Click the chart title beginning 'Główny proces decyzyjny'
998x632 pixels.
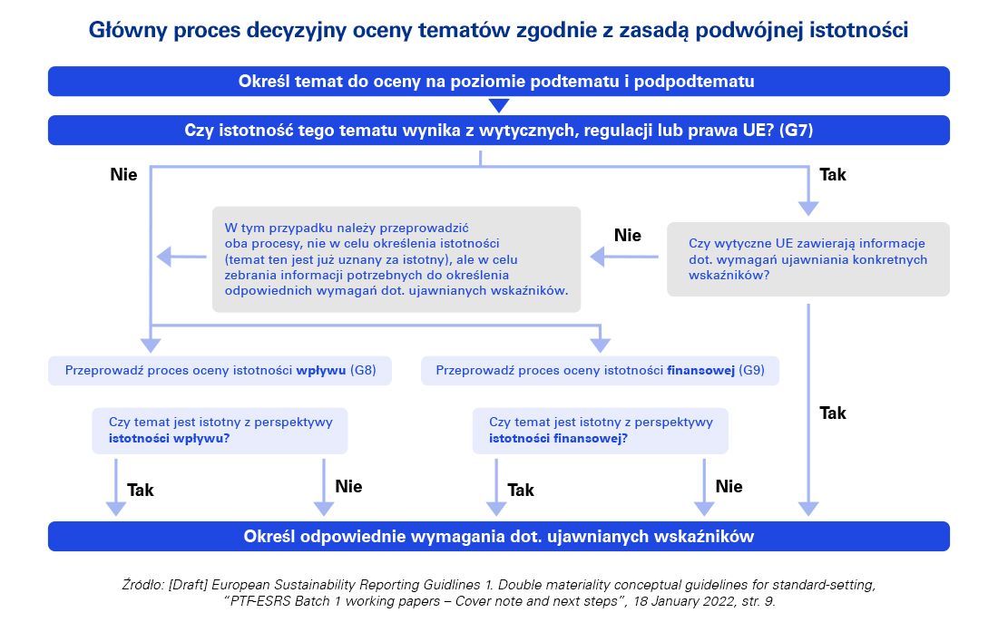click(x=498, y=30)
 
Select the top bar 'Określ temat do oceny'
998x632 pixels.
click(x=498, y=82)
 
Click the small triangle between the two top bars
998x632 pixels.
click(x=499, y=105)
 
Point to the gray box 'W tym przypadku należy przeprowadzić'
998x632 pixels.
click(x=396, y=259)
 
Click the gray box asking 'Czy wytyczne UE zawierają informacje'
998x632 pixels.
click(x=807, y=258)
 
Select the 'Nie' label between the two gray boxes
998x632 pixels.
click(x=627, y=236)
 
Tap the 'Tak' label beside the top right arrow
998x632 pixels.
click(x=832, y=174)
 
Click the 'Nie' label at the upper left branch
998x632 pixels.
click(x=123, y=174)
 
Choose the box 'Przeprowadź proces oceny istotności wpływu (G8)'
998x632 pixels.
click(x=220, y=371)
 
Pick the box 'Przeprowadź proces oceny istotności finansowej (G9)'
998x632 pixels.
click(x=600, y=371)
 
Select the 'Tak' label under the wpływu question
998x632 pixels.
click(x=141, y=491)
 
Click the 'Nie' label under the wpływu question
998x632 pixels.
click(x=348, y=487)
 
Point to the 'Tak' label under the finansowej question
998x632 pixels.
click(x=521, y=491)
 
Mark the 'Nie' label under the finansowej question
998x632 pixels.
click(x=729, y=487)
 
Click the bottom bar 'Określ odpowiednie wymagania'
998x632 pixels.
click(x=498, y=537)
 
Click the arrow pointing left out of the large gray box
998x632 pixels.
click(x=181, y=258)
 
